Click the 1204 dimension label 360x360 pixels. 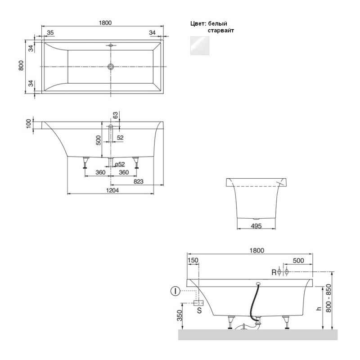112,190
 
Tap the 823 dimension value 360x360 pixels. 139,182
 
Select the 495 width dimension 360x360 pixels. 256,226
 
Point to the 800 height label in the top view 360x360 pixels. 21,65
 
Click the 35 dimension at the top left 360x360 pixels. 50,32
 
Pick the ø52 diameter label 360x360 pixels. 120,164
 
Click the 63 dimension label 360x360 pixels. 116,115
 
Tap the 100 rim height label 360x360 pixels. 29,124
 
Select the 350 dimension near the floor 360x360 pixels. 180,315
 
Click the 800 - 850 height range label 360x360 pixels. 328,298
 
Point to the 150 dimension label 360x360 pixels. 193,261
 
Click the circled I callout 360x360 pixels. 175,291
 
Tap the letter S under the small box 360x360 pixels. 199,310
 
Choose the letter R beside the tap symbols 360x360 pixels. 274,272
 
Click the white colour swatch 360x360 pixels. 199,46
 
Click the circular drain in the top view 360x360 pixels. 111,67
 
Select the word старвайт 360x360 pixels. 221,30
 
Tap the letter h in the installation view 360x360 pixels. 319,308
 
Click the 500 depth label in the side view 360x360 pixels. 98,140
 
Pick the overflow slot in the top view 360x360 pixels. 111,45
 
